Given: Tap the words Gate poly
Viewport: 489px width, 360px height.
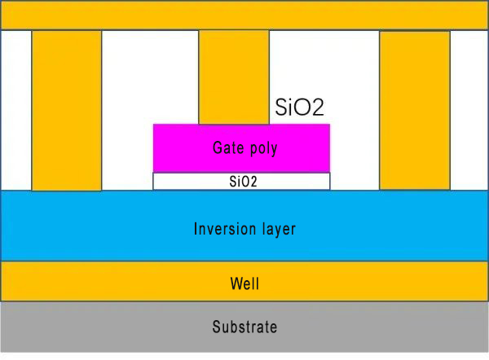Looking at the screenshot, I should (x=244, y=148).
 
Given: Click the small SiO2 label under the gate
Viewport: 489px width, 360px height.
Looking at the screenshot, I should (x=242, y=182).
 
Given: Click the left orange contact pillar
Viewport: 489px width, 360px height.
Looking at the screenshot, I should (x=67, y=110).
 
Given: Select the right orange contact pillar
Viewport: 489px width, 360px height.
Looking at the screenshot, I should (x=414, y=110).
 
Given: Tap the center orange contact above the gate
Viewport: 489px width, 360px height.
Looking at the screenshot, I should (x=234, y=77).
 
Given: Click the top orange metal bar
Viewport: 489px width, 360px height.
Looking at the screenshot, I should (x=244, y=15).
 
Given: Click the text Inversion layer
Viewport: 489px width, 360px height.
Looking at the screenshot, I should (x=244, y=229).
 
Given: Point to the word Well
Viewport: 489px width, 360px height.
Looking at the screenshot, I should (x=244, y=284).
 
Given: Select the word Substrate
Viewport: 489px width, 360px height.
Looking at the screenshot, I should (x=244, y=327).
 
